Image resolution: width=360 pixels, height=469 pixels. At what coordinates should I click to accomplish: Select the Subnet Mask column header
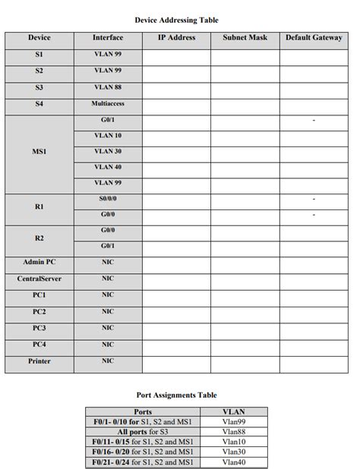[x=245, y=38]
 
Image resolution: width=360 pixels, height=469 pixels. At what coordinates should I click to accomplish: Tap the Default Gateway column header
[x=314, y=38]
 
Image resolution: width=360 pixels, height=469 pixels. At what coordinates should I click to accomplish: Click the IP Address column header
[x=176, y=38]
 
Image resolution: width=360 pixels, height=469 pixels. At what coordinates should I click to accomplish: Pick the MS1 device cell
[x=39, y=152]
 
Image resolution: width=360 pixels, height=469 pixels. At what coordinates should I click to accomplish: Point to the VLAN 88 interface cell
[x=108, y=87]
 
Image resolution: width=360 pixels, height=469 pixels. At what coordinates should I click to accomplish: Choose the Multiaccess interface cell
[x=108, y=103]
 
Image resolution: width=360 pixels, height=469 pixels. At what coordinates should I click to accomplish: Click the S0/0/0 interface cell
[x=108, y=199]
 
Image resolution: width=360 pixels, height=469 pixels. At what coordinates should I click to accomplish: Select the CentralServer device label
[x=39, y=279]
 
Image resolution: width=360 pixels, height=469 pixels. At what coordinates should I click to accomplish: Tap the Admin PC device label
[x=39, y=263]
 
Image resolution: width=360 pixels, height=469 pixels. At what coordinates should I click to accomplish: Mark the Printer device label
[x=39, y=361]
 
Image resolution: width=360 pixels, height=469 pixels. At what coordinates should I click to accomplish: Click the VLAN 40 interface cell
[x=108, y=167]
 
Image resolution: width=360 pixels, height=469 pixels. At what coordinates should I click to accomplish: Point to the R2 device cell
[x=39, y=238]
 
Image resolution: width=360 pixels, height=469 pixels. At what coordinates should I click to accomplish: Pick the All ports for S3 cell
[x=142, y=431]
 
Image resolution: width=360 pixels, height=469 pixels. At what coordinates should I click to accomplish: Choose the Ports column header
[x=142, y=412]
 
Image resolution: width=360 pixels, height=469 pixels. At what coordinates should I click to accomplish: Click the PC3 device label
[x=39, y=329]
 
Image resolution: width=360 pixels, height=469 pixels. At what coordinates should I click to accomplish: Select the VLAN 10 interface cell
[x=108, y=136]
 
